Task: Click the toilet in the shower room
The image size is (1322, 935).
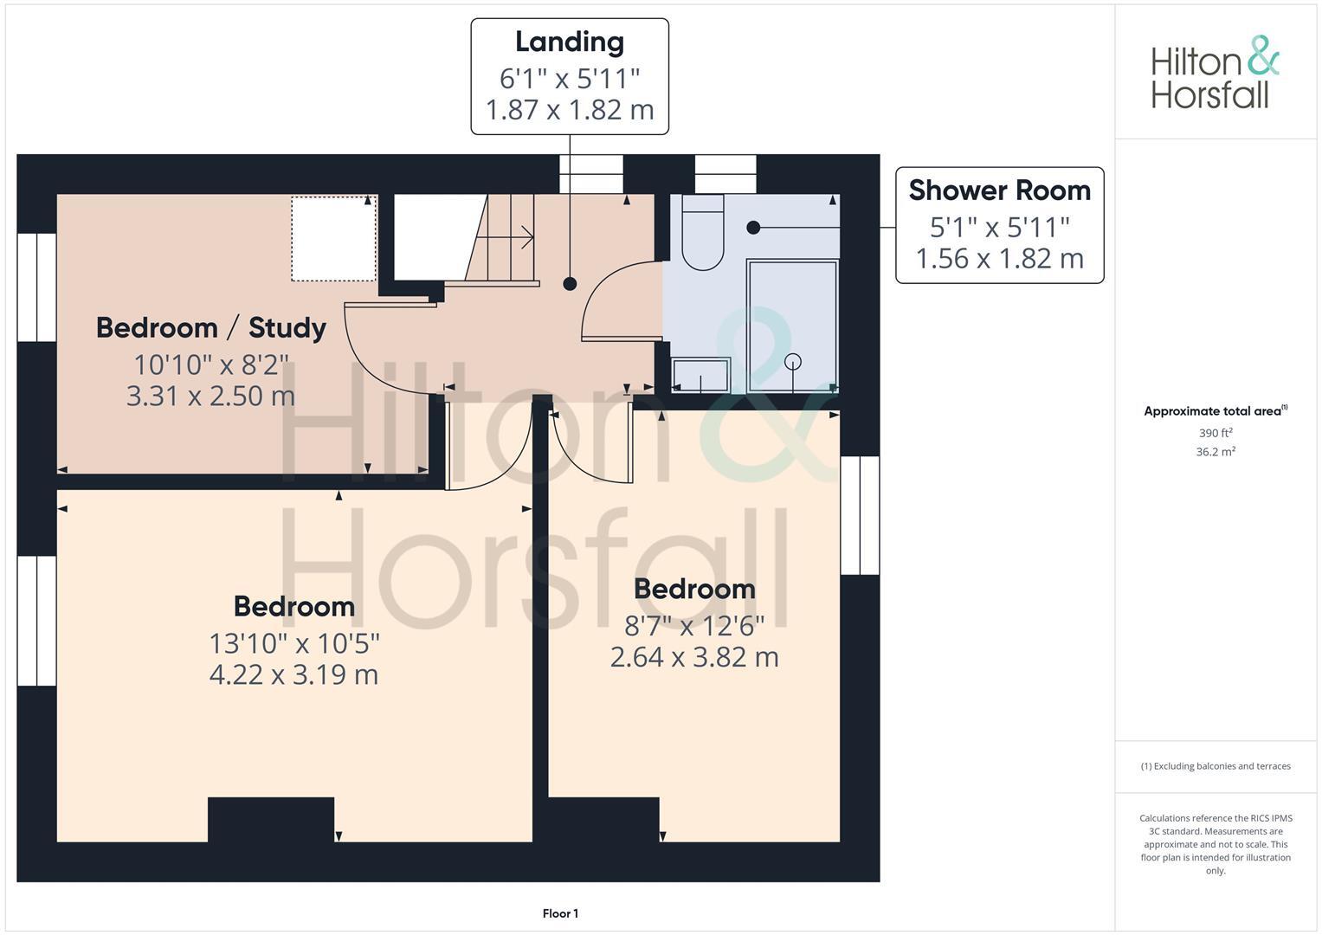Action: (702, 233)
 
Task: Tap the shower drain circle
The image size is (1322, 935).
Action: (793, 362)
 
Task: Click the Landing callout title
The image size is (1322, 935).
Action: (569, 42)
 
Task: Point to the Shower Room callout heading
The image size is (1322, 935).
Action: (999, 190)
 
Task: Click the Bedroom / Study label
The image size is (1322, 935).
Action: (210, 328)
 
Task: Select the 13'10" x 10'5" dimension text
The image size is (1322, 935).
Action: (294, 643)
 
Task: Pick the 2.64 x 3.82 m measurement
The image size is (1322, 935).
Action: (694, 657)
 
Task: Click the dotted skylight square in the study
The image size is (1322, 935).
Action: (333, 238)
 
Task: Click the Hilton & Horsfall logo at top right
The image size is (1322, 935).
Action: (1214, 73)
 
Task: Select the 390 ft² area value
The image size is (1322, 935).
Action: (1216, 433)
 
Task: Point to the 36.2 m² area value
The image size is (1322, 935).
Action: (1216, 452)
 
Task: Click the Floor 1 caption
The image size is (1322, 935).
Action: (560, 913)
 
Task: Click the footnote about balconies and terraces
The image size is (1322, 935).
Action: (1216, 766)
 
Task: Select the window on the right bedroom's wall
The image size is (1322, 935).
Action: (860, 515)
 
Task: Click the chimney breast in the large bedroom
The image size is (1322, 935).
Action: (271, 819)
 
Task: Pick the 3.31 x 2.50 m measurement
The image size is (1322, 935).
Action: (210, 397)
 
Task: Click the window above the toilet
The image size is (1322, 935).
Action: (725, 174)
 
